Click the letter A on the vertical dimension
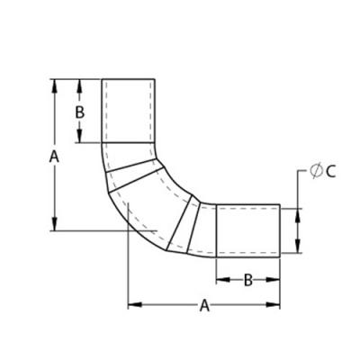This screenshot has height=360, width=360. pos(54,157)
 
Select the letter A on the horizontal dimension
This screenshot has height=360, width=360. pos(204,305)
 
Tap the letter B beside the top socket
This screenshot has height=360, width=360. pos(79,112)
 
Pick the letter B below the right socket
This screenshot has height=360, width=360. pos(247,280)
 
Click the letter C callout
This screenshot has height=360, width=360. pos(330,172)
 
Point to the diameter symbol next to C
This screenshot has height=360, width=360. pos(315,172)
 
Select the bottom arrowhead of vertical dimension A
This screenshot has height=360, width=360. pos(54,224)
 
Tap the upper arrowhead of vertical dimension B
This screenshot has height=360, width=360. pos(79,86)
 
